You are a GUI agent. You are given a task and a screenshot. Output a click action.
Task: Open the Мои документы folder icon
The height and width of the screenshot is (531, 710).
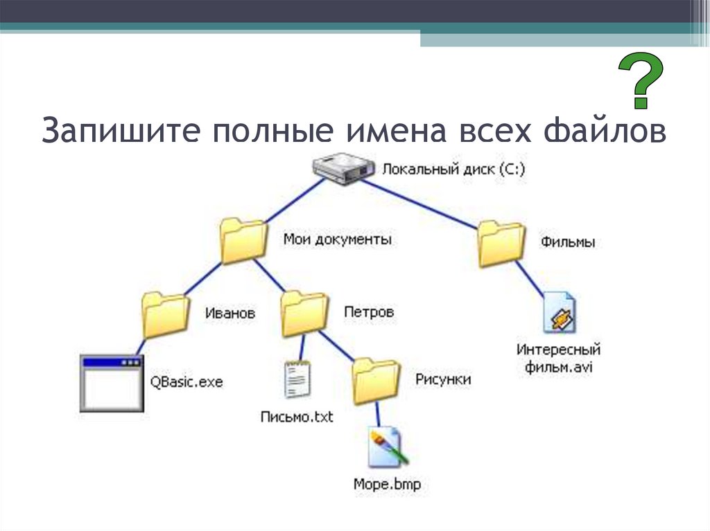point(243,241)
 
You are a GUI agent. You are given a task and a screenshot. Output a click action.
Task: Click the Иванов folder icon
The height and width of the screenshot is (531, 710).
point(165,313)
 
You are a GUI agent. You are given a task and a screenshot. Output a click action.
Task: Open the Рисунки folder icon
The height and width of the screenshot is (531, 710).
point(376,381)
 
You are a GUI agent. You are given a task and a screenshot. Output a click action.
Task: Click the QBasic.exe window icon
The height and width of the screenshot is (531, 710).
point(111,383)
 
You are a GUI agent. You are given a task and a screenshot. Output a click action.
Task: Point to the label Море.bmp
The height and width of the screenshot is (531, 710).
point(386,484)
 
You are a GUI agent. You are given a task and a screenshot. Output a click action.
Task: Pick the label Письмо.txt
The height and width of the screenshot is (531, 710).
point(297,417)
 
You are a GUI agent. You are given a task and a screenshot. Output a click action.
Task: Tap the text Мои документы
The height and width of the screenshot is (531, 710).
point(338,240)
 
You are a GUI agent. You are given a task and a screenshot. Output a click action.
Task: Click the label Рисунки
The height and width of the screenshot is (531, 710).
point(443,379)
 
